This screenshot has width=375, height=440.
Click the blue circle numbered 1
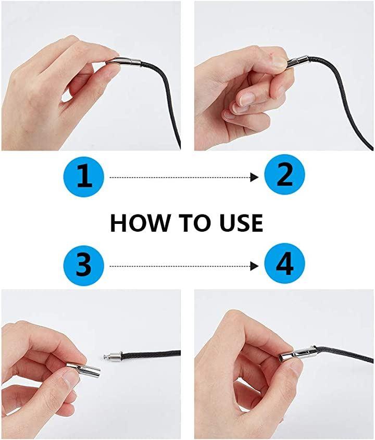pos(84,177)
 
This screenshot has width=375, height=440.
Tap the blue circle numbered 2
pos(284,174)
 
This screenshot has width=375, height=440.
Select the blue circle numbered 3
pos(84,265)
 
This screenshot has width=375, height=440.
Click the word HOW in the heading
pos(140,223)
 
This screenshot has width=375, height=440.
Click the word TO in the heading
pos(194,223)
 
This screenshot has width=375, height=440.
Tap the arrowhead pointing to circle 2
pos(255,178)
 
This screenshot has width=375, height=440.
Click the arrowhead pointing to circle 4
pos(255,266)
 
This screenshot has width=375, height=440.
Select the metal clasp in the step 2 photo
pos(297,60)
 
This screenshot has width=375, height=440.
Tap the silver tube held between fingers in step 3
pos(83,369)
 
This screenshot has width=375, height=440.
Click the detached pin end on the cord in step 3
pos(113,356)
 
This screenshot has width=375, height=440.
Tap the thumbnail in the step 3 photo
pos(69,376)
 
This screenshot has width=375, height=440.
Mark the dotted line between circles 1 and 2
pos(180,178)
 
